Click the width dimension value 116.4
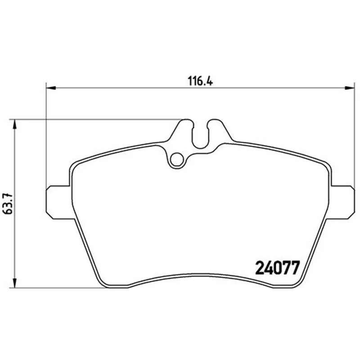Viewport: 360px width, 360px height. coord(200,81)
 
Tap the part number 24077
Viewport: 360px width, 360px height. coord(278,268)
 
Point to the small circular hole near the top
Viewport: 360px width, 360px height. coord(177,159)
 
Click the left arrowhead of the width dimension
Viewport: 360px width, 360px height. coord(51,88)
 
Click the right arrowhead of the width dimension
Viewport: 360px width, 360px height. coord(350,88)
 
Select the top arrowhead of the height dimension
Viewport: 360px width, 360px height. coord(14,124)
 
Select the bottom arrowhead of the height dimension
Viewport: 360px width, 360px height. coord(14,283)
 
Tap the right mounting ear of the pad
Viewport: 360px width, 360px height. coord(342,202)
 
